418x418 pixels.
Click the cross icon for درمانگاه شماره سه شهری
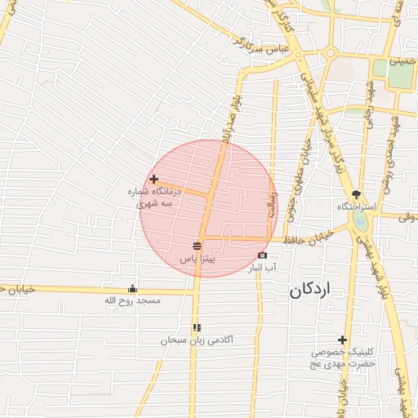[153, 179]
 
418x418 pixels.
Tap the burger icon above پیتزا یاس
[197, 246]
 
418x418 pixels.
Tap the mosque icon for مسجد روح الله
[132, 289]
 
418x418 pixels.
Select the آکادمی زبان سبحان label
[198, 340]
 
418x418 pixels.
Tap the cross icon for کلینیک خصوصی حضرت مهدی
[342, 340]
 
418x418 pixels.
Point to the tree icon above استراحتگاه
[356, 194]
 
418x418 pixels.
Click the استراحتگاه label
[357, 207]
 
